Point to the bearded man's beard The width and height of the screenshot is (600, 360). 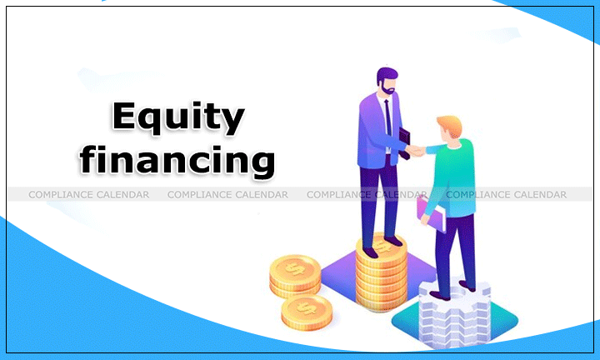tap(385, 88)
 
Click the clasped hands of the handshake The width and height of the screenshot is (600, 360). tap(414, 151)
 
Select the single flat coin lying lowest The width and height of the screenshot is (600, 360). tap(306, 313)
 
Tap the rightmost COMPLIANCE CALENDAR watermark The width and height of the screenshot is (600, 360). tap(506, 194)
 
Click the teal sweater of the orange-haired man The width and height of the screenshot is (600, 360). tap(457, 172)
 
